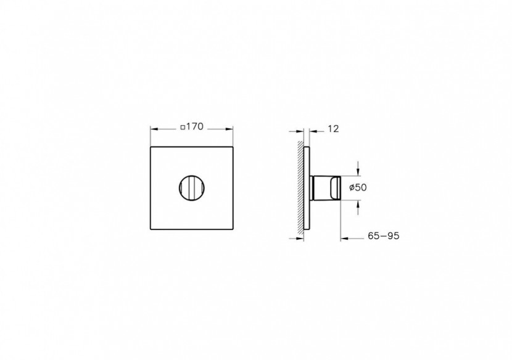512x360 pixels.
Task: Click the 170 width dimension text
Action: [x=195, y=127]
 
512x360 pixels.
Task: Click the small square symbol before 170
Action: [x=182, y=128]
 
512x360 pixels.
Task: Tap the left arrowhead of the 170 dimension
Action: [x=154, y=129]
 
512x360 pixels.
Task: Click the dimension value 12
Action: [x=333, y=129]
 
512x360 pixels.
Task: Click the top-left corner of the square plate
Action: [x=151, y=147]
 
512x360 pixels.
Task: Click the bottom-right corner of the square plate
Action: [x=233, y=229]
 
